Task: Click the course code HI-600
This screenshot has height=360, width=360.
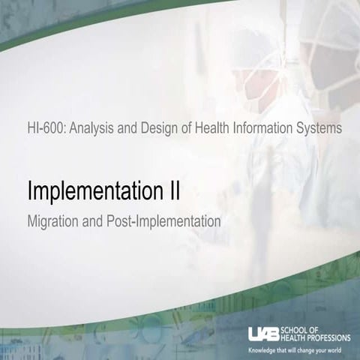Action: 41,128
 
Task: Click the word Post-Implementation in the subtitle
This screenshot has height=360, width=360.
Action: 166,222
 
